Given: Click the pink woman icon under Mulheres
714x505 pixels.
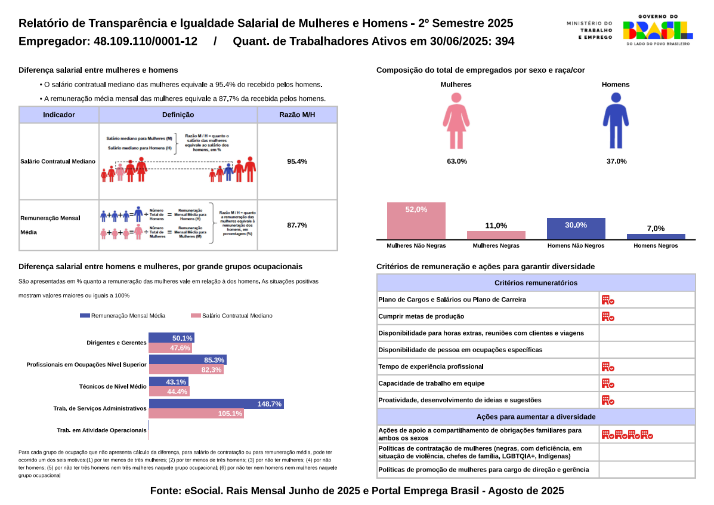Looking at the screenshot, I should click(x=456, y=121).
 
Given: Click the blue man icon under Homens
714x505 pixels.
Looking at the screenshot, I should click(x=616, y=121).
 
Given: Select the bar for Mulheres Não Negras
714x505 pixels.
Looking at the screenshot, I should click(x=416, y=221).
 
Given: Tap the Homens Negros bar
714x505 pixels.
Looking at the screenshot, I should click(x=656, y=236).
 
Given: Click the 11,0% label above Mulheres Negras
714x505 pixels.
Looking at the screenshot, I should click(x=496, y=226).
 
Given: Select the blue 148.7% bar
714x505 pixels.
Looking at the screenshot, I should click(x=216, y=404).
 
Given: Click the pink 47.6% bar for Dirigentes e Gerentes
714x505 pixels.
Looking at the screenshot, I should click(x=170, y=348).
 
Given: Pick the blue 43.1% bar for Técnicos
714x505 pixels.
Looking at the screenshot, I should click(x=168, y=382).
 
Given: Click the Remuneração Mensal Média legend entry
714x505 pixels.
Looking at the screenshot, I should click(x=123, y=316).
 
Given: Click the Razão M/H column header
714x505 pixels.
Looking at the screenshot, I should click(x=297, y=115).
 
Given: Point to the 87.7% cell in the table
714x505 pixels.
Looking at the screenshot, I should click(x=297, y=225).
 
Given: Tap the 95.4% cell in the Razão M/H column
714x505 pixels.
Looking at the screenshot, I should click(x=297, y=161).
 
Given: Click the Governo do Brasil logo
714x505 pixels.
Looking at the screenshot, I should click(x=657, y=30).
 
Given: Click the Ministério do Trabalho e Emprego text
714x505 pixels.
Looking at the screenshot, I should click(x=589, y=30).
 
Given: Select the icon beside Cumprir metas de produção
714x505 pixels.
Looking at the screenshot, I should click(x=608, y=316).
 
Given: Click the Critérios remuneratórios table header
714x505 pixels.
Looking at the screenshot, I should click(x=536, y=283).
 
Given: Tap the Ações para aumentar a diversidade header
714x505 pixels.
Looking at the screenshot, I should click(x=536, y=417).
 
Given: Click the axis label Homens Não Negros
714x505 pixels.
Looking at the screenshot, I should click(x=576, y=246).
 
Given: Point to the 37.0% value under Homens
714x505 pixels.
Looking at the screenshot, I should click(x=616, y=161).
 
